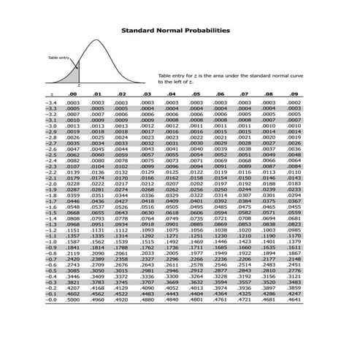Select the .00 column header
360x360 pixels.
point(72,95)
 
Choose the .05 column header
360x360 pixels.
point(196,95)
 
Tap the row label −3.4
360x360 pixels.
point(51,103)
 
